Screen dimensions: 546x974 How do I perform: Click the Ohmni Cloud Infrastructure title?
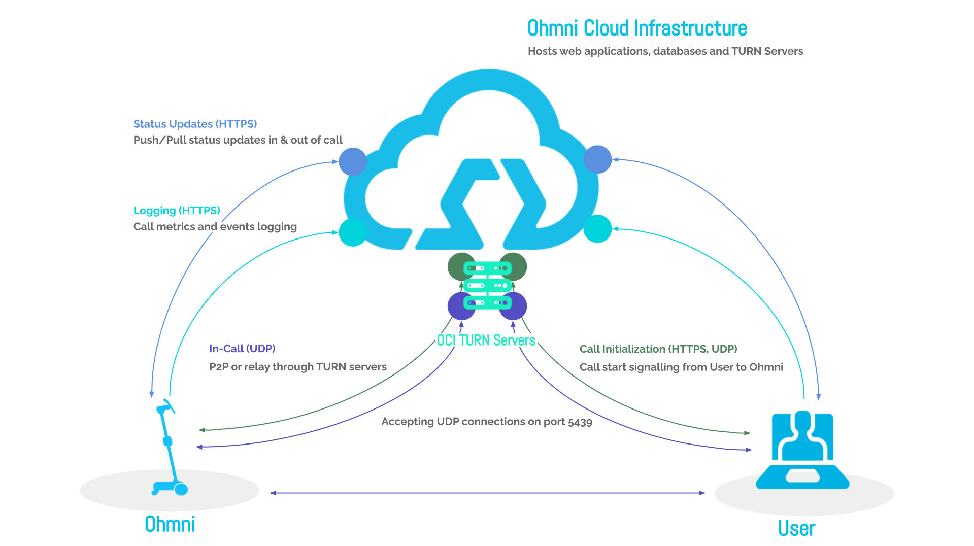coord(637,28)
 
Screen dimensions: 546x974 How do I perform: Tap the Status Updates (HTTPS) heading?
coord(195,124)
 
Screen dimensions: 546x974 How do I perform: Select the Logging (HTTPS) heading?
coord(177,210)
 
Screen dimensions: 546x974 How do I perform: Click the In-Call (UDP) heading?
coord(242,349)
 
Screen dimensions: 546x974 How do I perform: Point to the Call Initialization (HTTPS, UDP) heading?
coord(658,349)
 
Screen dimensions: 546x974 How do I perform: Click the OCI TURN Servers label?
coord(486,340)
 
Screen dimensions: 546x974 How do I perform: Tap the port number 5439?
coord(580,422)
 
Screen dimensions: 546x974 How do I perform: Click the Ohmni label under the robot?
coord(170,524)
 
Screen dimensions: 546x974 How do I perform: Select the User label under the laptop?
coord(796,528)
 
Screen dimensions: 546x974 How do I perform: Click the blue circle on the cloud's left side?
coord(353,162)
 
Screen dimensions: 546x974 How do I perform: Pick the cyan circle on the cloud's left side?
coord(353,232)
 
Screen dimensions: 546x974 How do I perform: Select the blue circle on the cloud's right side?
coord(597,159)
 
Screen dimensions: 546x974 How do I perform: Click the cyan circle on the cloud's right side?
coord(597,229)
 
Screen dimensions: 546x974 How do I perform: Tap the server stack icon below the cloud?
coord(487,285)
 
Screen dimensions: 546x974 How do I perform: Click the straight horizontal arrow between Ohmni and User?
coord(487,493)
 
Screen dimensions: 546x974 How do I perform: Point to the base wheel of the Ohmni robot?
coord(181,489)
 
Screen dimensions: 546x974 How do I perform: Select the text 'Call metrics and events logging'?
coord(215,227)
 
